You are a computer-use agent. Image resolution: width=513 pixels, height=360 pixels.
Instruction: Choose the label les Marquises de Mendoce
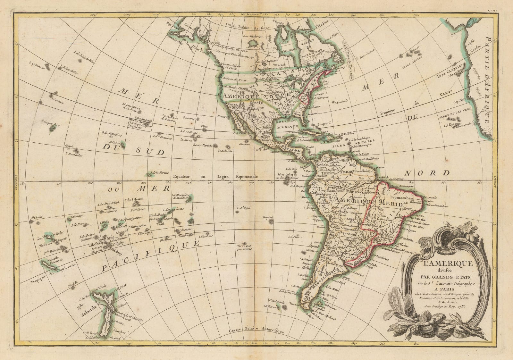tap(181, 196)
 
